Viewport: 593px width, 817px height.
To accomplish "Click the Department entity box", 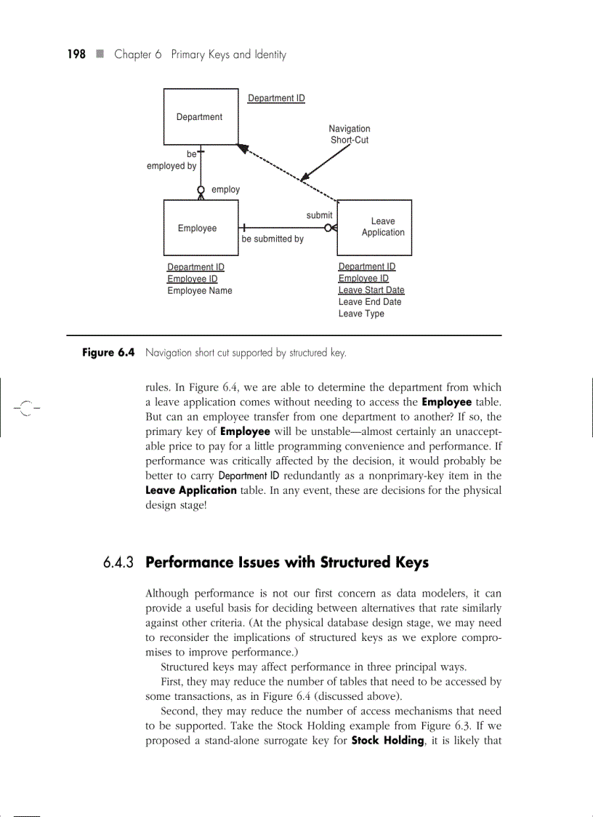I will click(x=200, y=117).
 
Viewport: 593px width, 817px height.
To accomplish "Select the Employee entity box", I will click(x=197, y=228).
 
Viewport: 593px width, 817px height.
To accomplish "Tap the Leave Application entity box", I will click(x=376, y=227).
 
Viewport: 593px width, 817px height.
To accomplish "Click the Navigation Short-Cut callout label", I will click(x=350, y=135).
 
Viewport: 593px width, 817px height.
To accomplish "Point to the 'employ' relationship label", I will click(x=225, y=189).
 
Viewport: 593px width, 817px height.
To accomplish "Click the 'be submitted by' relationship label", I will click(x=273, y=239).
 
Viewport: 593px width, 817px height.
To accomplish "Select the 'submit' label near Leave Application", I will click(x=319, y=215).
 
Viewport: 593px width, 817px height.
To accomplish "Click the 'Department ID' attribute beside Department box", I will click(x=276, y=98).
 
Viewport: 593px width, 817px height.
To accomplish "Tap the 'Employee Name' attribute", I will click(x=200, y=290).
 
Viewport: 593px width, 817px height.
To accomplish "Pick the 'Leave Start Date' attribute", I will click(x=371, y=290).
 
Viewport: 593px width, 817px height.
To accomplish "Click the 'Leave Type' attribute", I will click(x=361, y=314).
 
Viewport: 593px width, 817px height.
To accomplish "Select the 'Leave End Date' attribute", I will click(x=369, y=302).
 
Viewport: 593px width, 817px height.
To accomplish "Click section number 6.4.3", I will click(x=120, y=563).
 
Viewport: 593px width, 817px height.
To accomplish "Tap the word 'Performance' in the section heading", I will click(x=189, y=562).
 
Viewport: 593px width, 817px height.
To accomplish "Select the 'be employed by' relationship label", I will click(x=173, y=160).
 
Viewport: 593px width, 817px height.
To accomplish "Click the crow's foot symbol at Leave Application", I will click(x=332, y=228).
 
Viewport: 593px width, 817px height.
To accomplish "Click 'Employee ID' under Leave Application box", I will click(x=363, y=278).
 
